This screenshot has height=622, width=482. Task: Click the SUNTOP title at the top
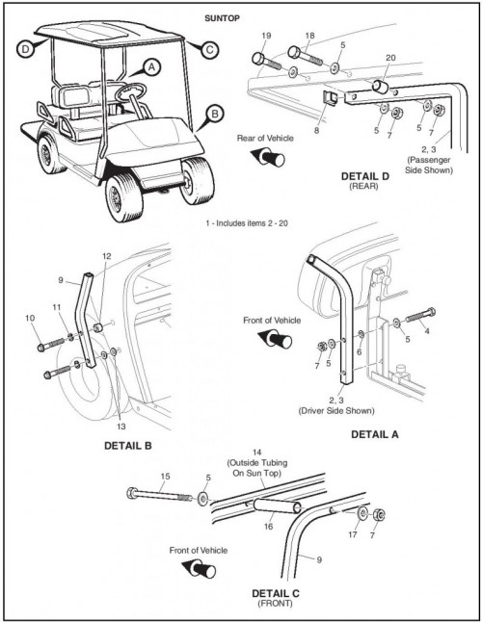222,18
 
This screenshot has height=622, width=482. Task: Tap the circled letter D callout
25,49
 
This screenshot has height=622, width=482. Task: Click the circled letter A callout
151,67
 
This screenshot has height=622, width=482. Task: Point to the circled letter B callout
214,115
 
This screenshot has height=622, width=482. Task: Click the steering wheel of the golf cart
130,92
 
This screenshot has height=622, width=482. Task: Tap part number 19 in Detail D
266,36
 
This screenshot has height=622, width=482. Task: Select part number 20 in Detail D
390,58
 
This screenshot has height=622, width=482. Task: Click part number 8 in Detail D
316,130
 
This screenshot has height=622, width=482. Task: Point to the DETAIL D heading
365,176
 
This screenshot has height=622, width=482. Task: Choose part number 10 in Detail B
30,318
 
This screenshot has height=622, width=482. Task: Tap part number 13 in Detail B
121,426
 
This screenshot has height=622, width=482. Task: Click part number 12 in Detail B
107,256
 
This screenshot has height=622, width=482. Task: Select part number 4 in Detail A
427,330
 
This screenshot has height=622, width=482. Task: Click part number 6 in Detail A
360,351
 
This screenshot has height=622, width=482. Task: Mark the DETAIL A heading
374,434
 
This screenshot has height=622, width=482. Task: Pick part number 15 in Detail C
165,476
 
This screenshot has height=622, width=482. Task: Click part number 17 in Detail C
353,534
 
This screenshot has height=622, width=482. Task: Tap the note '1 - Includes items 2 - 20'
247,223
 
